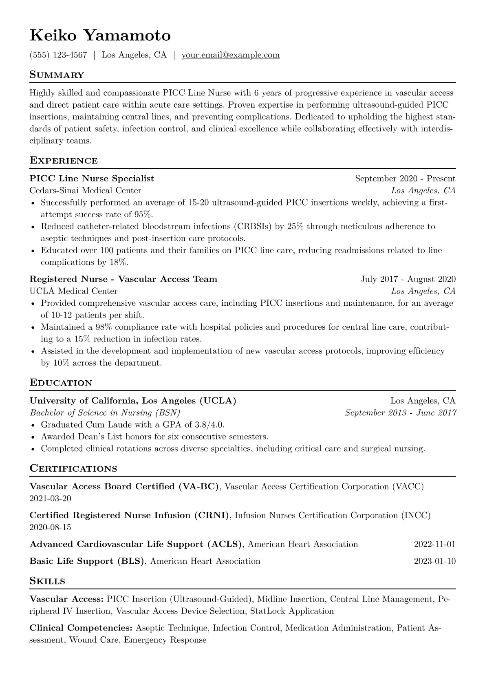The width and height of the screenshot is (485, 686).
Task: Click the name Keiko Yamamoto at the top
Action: pos(100,36)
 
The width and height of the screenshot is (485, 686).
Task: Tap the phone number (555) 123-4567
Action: pos(58,55)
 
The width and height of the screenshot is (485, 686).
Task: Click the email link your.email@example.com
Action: pos(230,55)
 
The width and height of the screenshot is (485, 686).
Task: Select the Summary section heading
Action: pos(57,75)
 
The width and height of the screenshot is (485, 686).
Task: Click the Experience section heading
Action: pos(64,161)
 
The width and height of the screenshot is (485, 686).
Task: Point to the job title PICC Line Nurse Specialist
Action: pos(92,179)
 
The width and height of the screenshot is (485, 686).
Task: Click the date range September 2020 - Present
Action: pos(405,179)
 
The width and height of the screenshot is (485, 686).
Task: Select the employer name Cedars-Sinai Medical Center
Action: pos(86,190)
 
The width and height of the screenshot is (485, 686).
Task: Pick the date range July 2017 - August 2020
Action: pos(408,279)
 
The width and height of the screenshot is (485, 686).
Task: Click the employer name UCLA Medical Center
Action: pos(73,291)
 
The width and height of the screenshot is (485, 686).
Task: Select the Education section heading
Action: pos(61,383)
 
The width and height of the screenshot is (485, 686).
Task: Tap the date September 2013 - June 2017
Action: pos(400,412)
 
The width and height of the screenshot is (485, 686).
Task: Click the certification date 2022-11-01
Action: pos(434,544)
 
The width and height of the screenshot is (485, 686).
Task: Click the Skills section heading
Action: pos(47,581)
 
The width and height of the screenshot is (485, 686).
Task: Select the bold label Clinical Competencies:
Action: pos(81,628)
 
